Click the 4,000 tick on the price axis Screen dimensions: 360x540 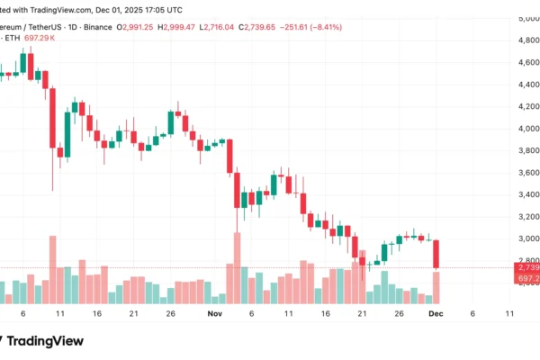[525, 128]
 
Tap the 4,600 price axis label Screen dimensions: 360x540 [525, 63]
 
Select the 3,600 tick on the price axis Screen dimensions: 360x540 [525, 172]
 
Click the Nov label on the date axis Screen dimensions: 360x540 [213, 314]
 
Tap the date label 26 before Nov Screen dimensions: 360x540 [171, 314]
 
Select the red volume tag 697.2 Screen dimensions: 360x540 [527, 279]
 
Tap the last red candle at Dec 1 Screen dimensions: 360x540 [436, 253]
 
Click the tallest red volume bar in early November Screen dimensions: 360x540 [237, 268]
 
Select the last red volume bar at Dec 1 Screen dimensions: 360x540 [436, 287]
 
